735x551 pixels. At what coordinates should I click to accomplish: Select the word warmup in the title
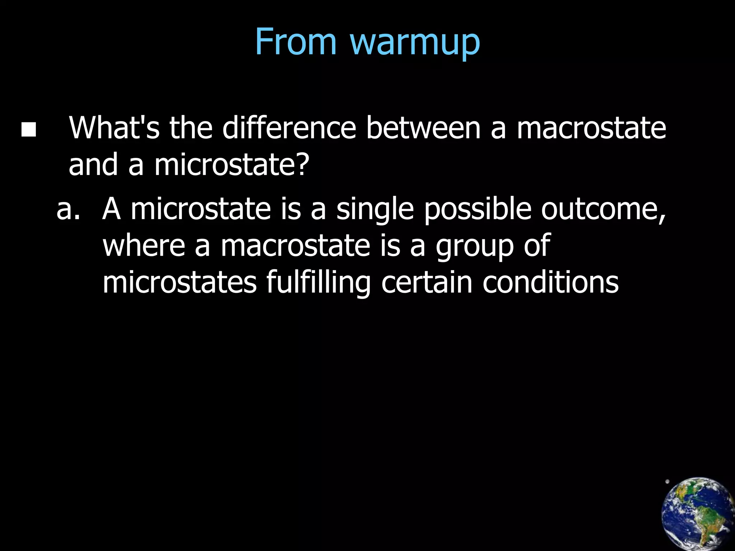click(x=415, y=44)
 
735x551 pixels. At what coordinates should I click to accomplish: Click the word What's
click(x=114, y=128)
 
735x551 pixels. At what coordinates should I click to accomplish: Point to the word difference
click(x=289, y=128)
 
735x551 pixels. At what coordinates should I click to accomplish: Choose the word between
click(x=423, y=128)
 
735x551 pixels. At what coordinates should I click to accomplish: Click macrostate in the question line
click(x=591, y=128)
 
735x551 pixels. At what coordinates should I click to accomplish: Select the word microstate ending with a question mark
click(x=231, y=165)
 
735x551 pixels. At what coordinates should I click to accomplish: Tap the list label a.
click(x=68, y=209)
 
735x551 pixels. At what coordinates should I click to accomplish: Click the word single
click(x=375, y=210)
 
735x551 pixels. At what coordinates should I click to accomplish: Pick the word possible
click(x=478, y=209)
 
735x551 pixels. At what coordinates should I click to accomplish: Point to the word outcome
click(x=603, y=209)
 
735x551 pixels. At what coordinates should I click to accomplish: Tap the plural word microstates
click(x=180, y=282)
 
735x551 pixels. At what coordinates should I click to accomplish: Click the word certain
click(x=427, y=282)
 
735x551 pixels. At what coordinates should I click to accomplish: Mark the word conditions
click(x=551, y=282)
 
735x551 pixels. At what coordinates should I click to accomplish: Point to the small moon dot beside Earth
click(x=667, y=482)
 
